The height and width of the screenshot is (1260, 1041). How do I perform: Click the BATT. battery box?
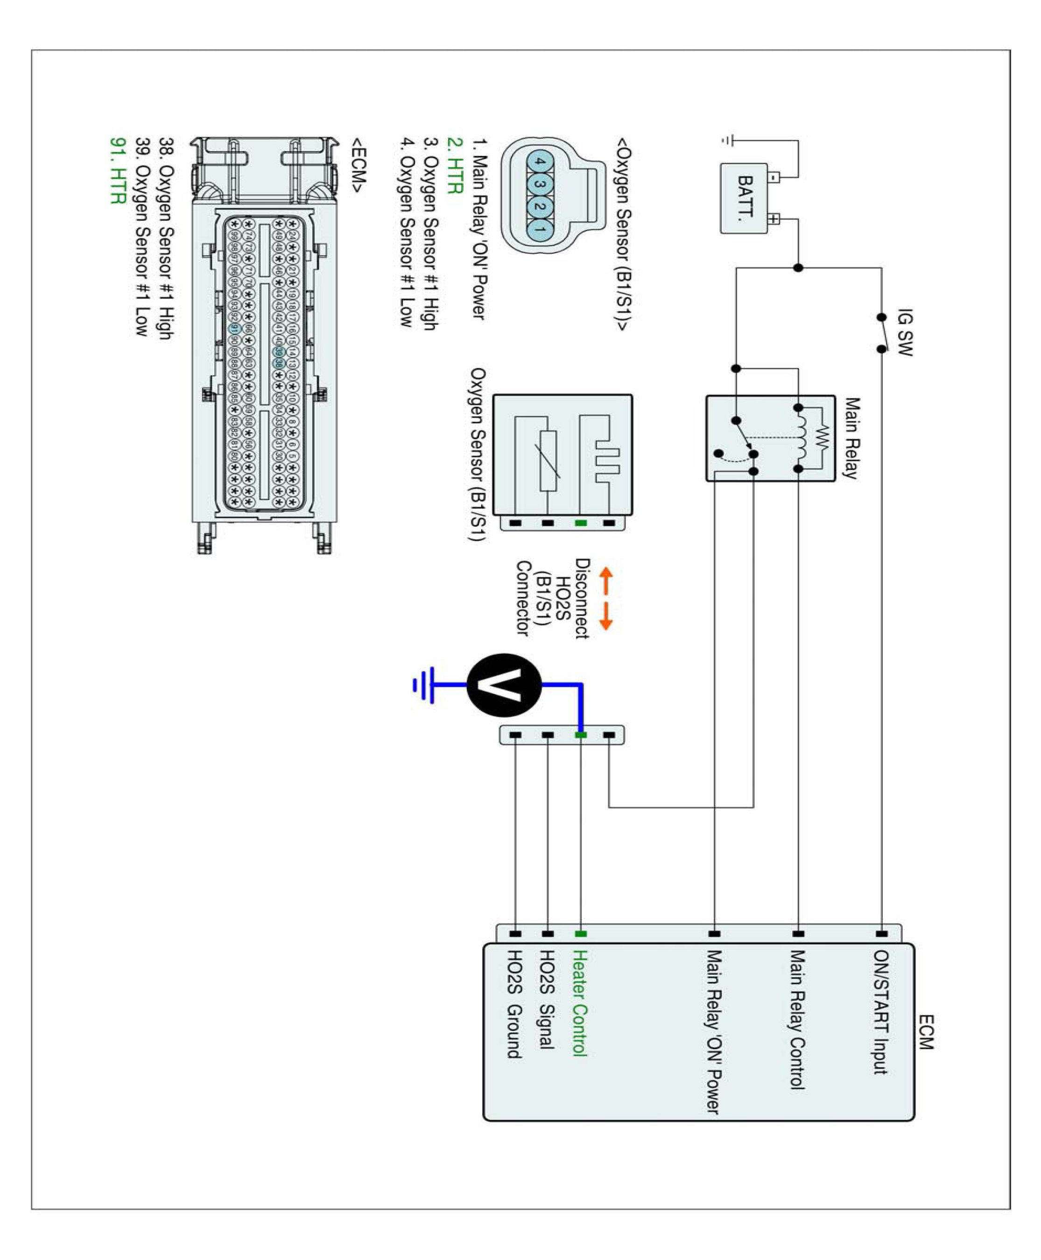pos(744,198)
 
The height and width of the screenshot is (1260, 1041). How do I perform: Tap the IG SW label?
pos(904,333)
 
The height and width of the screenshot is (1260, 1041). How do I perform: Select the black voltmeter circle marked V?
pos(504,685)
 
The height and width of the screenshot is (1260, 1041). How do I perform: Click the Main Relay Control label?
pos(796,1019)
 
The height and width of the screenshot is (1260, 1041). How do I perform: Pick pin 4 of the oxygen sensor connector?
pos(539,161)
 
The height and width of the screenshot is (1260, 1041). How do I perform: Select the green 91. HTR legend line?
pos(118,171)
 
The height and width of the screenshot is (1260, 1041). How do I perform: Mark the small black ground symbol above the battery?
pos(728,141)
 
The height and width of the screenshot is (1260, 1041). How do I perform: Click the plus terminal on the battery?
pos(774,219)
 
